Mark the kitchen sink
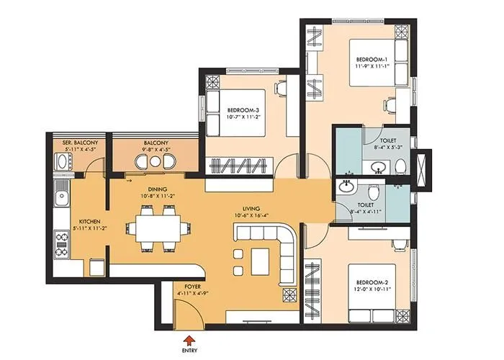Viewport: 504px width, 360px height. pyautogui.click(x=62, y=193)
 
